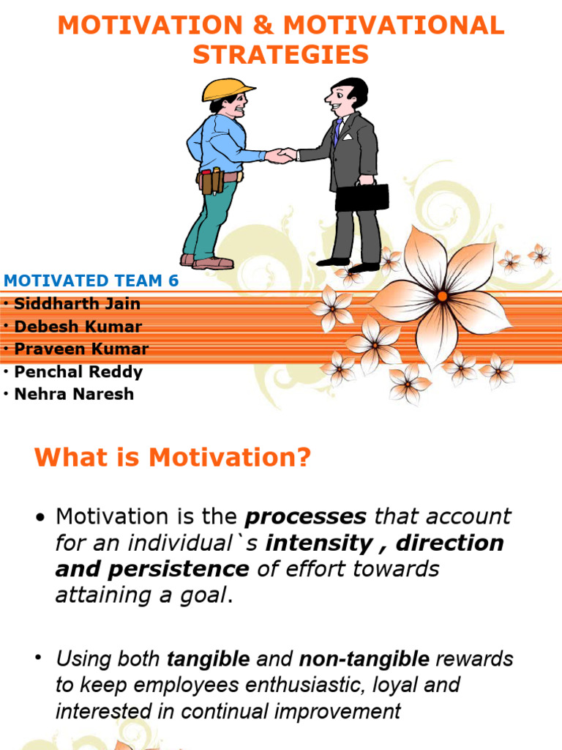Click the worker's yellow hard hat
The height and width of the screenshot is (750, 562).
point(227,89)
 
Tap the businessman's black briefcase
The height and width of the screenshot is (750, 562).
point(361,196)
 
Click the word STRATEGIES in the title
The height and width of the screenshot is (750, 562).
point(280,55)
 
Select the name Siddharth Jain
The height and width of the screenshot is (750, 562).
point(77,304)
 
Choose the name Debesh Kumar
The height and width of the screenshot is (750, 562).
point(78,327)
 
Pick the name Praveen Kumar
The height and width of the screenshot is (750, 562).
point(81,349)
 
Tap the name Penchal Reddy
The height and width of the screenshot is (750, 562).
point(78,371)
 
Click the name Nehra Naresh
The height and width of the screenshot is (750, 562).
point(74,393)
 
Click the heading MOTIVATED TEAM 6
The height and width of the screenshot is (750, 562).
point(91,281)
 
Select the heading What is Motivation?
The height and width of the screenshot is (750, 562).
point(173,458)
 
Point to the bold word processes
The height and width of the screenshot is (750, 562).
point(306,516)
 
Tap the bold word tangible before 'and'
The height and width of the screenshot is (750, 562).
point(208,658)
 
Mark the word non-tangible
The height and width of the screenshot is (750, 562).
point(364,658)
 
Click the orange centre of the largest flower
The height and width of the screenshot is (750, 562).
point(442,296)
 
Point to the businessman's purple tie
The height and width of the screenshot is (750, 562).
point(337,132)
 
